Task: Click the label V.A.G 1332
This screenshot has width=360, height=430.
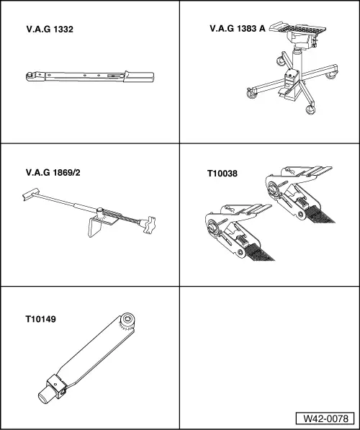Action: tap(50, 30)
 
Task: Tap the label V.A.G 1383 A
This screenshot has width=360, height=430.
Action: tap(238, 29)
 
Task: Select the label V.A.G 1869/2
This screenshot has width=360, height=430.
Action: tap(53, 173)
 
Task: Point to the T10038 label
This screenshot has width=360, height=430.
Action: tap(222, 174)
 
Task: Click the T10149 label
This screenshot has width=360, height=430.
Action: tap(40, 319)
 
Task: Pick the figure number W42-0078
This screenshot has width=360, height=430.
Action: tap(325, 418)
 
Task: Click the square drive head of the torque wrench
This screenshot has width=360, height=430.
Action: tap(30, 76)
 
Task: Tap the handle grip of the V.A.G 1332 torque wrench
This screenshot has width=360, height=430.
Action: tap(138, 76)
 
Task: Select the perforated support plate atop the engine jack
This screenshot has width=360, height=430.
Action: tap(298, 28)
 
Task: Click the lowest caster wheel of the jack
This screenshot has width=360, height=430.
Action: tap(310, 109)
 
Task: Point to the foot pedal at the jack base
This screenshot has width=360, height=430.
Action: tap(283, 92)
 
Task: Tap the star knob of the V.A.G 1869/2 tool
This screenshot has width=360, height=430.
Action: tap(148, 225)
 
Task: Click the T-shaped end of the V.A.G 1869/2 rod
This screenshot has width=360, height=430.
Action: tap(30, 194)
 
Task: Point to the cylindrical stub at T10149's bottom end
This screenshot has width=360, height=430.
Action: tap(44, 396)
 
